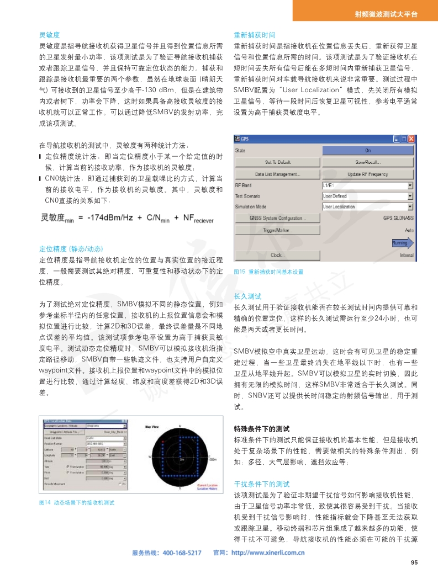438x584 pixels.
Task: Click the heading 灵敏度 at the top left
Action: [49, 34]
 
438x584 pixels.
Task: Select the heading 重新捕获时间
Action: [254, 34]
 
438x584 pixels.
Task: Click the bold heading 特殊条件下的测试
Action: [262, 428]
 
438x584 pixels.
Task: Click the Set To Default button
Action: [277, 162]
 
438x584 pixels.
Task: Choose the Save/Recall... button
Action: [367, 162]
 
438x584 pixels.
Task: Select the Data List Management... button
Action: [277, 174]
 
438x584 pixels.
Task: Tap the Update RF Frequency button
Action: [367, 174]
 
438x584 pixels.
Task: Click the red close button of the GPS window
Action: [411, 140]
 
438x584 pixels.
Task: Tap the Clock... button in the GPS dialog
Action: [277, 255]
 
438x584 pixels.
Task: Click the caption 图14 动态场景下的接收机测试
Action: [76, 503]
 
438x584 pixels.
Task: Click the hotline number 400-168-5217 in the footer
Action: [182, 537]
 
